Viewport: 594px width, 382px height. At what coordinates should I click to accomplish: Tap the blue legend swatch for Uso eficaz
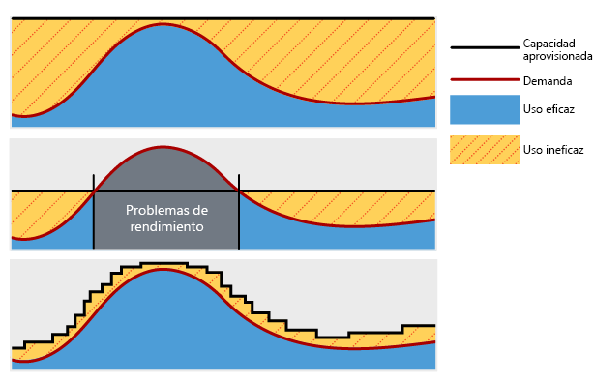[484, 110]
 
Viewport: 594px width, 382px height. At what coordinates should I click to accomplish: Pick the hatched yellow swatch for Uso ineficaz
[484, 150]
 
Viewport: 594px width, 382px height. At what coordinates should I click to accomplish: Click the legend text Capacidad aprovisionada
[549, 50]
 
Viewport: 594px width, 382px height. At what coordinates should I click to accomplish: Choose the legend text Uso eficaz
[549, 110]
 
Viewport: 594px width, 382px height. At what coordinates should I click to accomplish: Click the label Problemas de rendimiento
[166, 219]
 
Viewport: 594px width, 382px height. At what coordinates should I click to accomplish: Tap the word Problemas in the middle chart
[166, 210]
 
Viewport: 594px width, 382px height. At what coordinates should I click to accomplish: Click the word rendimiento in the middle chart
[166, 227]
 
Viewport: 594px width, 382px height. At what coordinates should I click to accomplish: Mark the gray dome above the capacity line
[165, 169]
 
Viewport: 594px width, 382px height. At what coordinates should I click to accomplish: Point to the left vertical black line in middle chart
[94, 213]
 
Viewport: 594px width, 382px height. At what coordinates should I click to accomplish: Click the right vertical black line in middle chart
[239, 213]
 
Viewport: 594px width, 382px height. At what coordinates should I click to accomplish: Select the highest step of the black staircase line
[163, 263]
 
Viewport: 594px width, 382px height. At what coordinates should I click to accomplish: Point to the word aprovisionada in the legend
[557, 57]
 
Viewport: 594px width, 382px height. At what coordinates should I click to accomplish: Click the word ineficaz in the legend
[563, 150]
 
